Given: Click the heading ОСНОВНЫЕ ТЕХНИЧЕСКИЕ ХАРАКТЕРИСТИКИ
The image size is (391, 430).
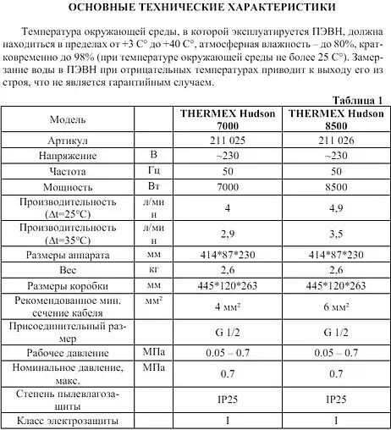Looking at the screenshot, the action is point(195,8).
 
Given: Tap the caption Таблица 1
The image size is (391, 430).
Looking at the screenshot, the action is point(358,100).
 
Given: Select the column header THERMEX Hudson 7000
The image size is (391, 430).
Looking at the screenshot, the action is point(228,119).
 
